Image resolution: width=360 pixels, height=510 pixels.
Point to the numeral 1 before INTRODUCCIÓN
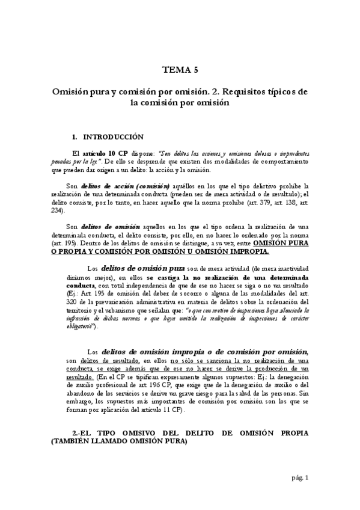pyautogui.click(x=73, y=137)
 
